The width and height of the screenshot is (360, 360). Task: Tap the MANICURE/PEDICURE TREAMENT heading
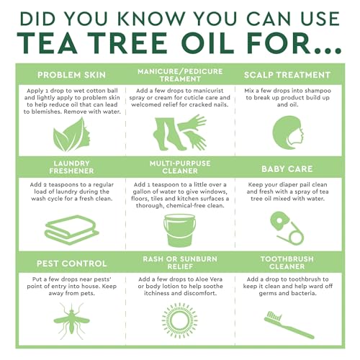[180, 75]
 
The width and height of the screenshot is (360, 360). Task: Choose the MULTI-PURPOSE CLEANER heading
[180, 168]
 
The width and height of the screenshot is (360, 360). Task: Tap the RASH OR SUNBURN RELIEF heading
[180, 263]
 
